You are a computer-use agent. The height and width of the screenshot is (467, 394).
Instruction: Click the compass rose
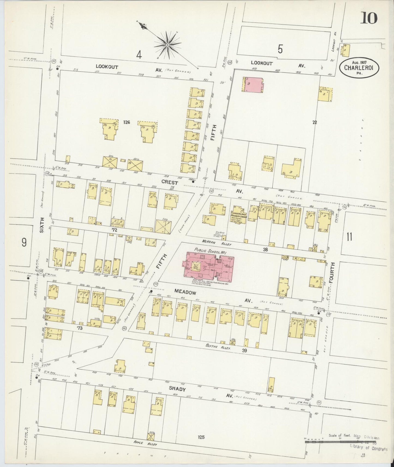pos(167,44)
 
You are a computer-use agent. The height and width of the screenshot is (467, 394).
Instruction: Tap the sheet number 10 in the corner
pos(369,19)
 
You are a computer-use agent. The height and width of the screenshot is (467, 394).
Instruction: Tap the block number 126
pos(126,122)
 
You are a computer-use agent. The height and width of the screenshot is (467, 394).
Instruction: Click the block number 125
pos(201,437)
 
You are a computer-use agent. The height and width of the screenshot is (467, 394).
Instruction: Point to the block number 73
pos(80,328)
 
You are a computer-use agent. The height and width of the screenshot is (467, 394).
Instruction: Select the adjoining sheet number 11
pos(349,236)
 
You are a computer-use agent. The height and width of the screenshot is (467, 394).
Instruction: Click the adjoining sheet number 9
pos(24,242)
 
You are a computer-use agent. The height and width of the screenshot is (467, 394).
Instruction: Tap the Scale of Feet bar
pos(341,438)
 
